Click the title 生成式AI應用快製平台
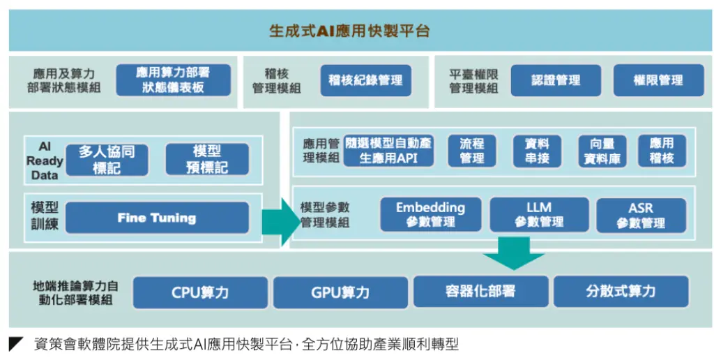[x=349, y=31]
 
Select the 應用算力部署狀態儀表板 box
[x=173, y=80]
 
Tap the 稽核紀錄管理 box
[x=365, y=80]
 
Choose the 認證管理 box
[x=556, y=80]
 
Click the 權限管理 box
[x=658, y=80]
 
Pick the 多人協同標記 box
[x=107, y=160]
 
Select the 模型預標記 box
[x=207, y=159]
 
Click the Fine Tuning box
[x=157, y=218]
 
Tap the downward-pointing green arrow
[x=514, y=253]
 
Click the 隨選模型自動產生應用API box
[x=388, y=151]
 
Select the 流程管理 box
[x=472, y=151]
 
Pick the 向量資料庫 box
[x=602, y=151]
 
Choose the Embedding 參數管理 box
[x=431, y=214]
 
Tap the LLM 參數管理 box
[x=539, y=214]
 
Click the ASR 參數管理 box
[x=641, y=215]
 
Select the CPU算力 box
[x=200, y=292]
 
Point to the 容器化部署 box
[x=481, y=291]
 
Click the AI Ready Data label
[x=45, y=160]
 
